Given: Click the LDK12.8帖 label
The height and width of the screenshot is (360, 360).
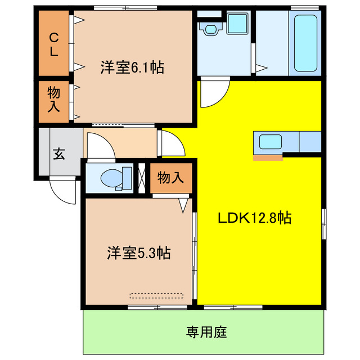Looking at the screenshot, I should click(x=255, y=218).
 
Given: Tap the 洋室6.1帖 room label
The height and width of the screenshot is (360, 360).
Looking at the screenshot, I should click(x=132, y=67).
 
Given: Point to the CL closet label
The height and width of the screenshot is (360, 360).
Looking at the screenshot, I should click(x=54, y=44).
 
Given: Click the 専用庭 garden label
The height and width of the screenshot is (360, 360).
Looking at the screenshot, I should click(x=206, y=332).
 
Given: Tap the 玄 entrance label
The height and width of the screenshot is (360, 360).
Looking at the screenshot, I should click(x=58, y=154).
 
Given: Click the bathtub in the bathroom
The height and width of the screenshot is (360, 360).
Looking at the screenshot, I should click(x=305, y=44).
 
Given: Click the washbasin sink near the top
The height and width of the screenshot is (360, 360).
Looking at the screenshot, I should click(x=211, y=28).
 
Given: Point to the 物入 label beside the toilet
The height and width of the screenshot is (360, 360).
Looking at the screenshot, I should click(x=170, y=178).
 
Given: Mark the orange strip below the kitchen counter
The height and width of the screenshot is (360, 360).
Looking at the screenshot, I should click(x=268, y=157).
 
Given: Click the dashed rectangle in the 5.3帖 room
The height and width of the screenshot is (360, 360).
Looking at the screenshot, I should click(x=156, y=295).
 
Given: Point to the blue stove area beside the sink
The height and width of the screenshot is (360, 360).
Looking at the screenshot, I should click(x=310, y=141).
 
